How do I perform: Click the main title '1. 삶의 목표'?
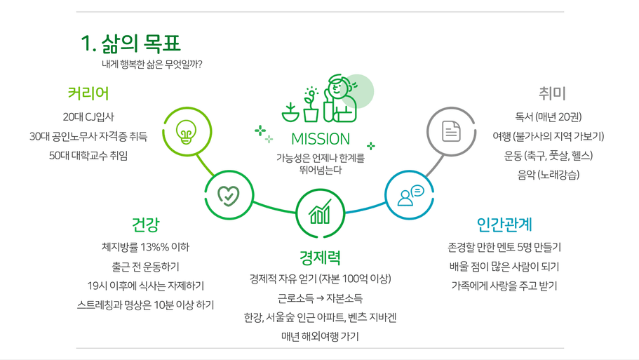click(130, 44)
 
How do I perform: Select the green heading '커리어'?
click(88, 93)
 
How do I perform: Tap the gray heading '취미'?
click(552, 93)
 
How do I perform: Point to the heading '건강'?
click(145, 225)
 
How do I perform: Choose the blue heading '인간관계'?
click(504, 225)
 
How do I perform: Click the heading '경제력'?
click(320, 258)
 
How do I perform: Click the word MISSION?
click(321, 140)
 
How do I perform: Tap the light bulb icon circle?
click(187, 132)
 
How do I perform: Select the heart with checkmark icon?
click(229, 196)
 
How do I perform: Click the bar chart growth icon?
click(321, 212)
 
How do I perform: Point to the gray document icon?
click(451, 131)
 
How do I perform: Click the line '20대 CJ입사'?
click(88, 117)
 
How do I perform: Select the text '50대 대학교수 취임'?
click(88, 156)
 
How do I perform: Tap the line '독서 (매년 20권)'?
click(548, 117)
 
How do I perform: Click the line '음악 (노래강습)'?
click(548, 175)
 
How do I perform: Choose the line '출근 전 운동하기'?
click(145, 267)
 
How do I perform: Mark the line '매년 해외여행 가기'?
click(320, 337)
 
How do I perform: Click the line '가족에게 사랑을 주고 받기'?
click(504, 286)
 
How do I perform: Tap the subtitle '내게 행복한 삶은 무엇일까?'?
click(152, 65)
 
